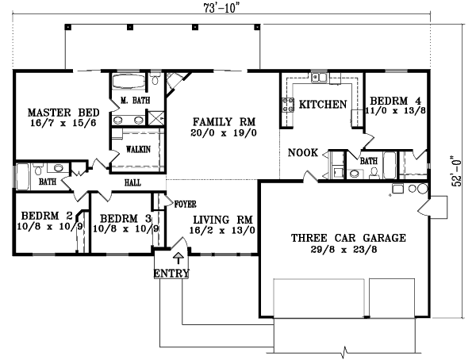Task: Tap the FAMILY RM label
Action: pyautogui.click(x=225, y=122)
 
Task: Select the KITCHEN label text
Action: pyautogui.click(x=322, y=105)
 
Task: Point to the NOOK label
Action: pyautogui.click(x=304, y=152)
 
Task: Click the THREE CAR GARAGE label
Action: pyautogui.click(x=348, y=238)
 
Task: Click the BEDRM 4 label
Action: pyautogui.click(x=394, y=101)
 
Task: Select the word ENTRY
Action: pyautogui.click(x=172, y=274)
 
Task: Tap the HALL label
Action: pyautogui.click(x=132, y=182)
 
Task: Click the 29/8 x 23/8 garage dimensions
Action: pyautogui.click(x=348, y=249)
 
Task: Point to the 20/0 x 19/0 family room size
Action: pyautogui.click(x=225, y=134)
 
